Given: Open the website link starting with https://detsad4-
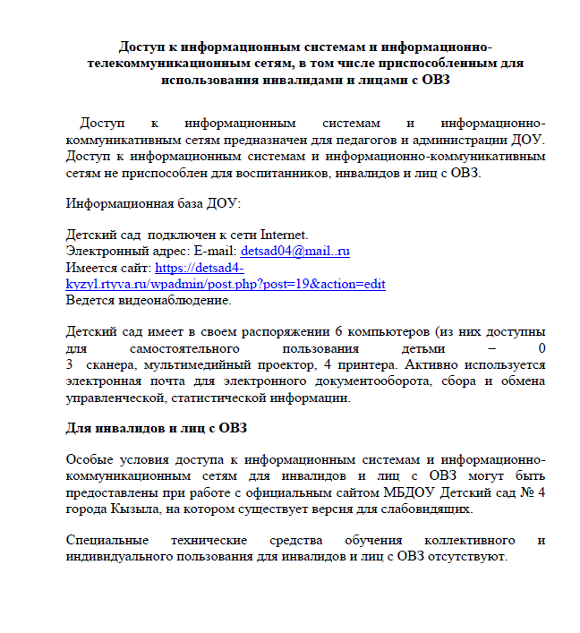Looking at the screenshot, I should click(200, 267).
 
